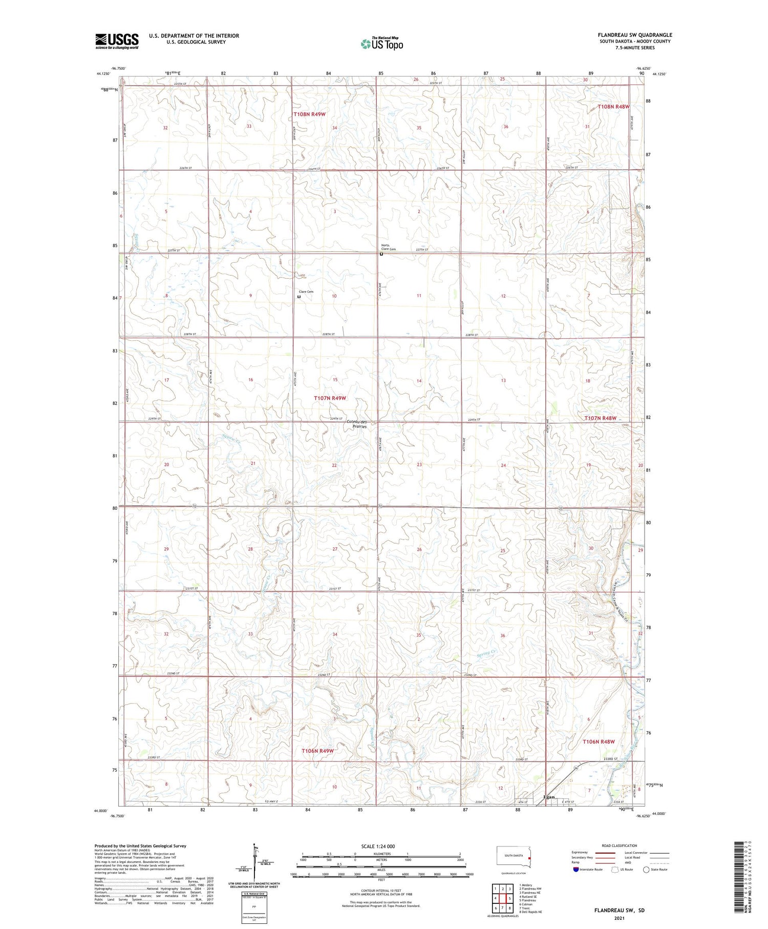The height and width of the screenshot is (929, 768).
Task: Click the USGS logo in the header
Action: pyautogui.click(x=117, y=41)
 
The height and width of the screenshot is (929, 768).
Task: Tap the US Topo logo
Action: pyautogui.click(x=381, y=44)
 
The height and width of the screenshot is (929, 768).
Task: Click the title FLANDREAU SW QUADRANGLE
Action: pyautogui.click(x=635, y=35)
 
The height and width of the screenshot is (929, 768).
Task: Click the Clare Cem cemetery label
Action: pyautogui.click(x=306, y=292)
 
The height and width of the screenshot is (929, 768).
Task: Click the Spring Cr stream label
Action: pyautogui.click(x=487, y=652)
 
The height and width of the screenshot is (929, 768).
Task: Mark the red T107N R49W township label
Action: pyautogui.click(x=330, y=398)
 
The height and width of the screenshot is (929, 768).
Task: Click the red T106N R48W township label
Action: pyautogui.click(x=598, y=741)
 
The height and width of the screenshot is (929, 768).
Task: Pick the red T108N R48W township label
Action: pyautogui.click(x=613, y=107)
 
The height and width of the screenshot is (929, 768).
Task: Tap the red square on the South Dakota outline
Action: pyautogui.click(x=529, y=859)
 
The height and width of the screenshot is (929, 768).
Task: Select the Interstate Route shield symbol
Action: pyautogui.click(x=576, y=870)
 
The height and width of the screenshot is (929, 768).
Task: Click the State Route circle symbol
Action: pyautogui.click(x=646, y=870)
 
